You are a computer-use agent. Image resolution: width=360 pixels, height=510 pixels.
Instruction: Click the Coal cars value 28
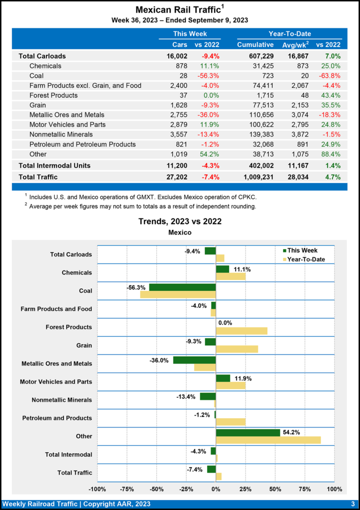182,76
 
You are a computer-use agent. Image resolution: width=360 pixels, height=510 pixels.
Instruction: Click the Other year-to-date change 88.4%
331,154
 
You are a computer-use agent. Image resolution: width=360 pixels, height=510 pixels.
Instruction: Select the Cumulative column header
255,45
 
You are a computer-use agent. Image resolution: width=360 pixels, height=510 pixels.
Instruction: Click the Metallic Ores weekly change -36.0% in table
209,115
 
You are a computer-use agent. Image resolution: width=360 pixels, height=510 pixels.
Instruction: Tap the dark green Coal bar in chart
182,287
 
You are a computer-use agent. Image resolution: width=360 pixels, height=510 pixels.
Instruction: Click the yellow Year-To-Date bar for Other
268,440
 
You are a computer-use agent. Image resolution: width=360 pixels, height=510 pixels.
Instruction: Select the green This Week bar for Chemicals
222,269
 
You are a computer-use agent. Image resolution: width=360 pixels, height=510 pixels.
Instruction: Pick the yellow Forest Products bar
241,331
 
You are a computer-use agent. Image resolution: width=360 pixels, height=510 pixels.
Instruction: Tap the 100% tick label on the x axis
334,489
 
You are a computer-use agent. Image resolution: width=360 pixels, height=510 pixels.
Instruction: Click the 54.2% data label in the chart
291,432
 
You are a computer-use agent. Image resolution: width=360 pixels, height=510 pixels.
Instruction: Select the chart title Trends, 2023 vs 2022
180,221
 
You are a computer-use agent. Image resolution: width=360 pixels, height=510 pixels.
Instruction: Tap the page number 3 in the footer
353,504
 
